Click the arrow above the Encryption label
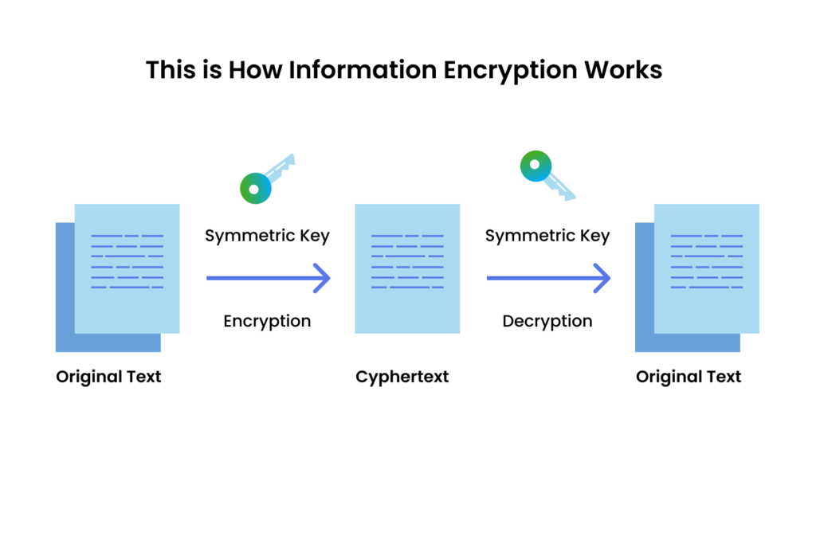pyautogui.click(x=268, y=279)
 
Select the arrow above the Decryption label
pyautogui.click(x=548, y=279)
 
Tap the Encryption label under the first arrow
pyautogui.click(x=267, y=321)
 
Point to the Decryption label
pyautogui.click(x=547, y=321)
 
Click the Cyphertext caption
pyautogui.click(x=402, y=377)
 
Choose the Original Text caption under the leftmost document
pyautogui.click(x=108, y=377)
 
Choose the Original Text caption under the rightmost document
pyautogui.click(x=688, y=377)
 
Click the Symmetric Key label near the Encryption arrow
pyautogui.click(x=267, y=236)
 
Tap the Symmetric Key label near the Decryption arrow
pyautogui.click(x=547, y=236)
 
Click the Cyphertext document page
pyautogui.click(x=407, y=268)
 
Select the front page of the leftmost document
pyautogui.click(x=127, y=268)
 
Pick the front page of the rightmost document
pyautogui.click(x=707, y=268)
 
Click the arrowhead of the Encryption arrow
pyautogui.click(x=322, y=279)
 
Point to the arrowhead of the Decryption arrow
pyautogui.click(x=602, y=279)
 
